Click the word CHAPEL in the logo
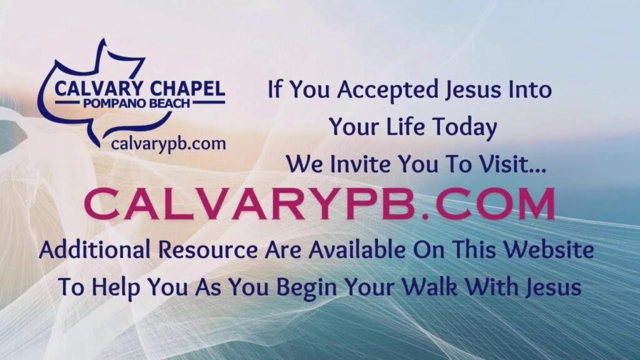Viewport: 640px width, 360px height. tap(187, 89)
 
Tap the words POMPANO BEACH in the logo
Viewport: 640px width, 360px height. tap(137, 103)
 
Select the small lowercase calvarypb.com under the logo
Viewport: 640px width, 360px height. tap(168, 144)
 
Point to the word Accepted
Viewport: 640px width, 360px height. tap(387, 90)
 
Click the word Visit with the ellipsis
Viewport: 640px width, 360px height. tap(512, 164)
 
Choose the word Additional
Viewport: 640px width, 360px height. tap(95, 250)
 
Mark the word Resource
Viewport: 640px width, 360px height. tap(207, 250)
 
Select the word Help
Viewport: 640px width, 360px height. tap(115, 287)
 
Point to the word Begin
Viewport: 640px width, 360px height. tap(306, 288)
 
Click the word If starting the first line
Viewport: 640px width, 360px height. tap(275, 89)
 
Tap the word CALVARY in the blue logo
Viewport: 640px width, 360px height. tap(99, 89)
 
